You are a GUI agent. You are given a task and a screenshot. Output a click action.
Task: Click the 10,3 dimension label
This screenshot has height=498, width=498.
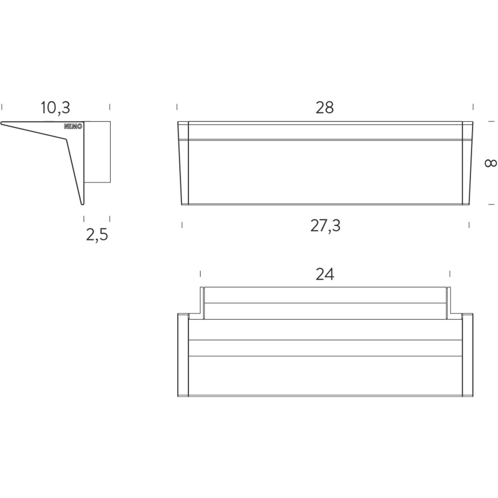click(56, 108)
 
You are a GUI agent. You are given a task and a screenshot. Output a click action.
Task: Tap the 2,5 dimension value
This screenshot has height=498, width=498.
click(97, 235)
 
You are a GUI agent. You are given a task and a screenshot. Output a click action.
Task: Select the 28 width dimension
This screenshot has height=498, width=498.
click(325, 107)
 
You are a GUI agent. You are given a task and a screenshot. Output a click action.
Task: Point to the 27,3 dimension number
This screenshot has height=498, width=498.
click(325, 226)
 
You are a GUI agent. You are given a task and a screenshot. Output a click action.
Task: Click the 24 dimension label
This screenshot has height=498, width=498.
click(325, 274)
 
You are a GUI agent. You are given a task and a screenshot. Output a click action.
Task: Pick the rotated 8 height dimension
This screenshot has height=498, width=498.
click(490, 164)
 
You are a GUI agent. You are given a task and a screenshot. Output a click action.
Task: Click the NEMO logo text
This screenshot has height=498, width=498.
click(73, 127)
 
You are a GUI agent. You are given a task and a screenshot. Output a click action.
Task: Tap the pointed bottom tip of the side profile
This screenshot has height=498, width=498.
click(83, 205)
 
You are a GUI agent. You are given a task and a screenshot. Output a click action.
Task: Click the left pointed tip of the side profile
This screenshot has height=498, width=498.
click(1, 123)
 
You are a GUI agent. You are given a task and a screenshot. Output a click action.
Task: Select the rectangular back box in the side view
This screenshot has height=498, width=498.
click(98, 152)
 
